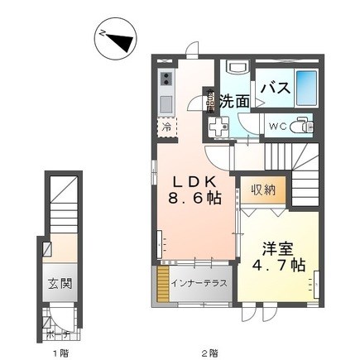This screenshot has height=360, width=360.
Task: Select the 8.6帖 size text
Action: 195,199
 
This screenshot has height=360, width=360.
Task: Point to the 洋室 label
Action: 277,247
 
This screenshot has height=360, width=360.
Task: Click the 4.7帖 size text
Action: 277,266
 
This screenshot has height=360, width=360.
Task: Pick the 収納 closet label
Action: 264,190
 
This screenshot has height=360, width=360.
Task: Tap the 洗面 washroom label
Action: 234,102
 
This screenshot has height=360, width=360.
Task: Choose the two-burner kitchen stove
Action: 166,79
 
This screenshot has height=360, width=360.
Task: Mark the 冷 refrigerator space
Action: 166,127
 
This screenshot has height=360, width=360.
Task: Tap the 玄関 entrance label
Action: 60,283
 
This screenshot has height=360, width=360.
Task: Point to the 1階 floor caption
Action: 60,352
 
